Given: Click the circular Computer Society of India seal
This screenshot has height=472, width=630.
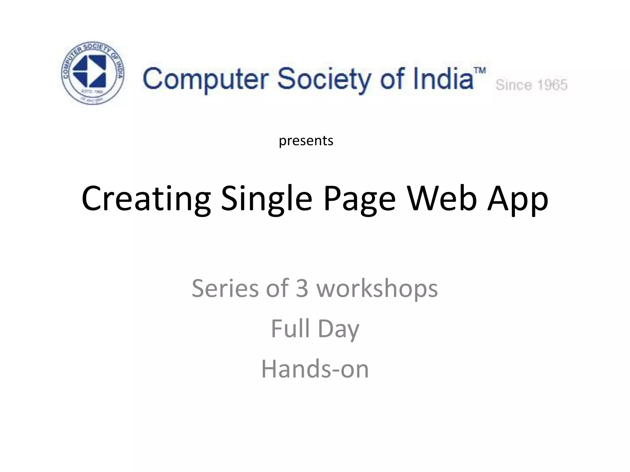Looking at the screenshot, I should pyautogui.click(x=93, y=73).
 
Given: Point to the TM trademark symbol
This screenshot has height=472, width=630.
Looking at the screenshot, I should pyautogui.click(x=480, y=70).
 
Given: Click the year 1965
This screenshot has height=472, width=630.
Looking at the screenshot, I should pyautogui.click(x=552, y=85).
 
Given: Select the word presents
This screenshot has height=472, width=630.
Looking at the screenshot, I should pyautogui.click(x=306, y=141).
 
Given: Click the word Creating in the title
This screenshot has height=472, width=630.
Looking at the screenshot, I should pyautogui.click(x=146, y=199).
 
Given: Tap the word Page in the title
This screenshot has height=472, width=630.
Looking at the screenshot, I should pyautogui.click(x=360, y=199).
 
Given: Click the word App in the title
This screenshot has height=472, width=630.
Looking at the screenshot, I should pyautogui.click(x=518, y=199).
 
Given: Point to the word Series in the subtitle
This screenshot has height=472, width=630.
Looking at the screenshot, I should pyautogui.click(x=225, y=289).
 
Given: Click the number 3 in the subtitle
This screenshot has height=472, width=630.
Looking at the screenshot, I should pyautogui.click(x=302, y=289).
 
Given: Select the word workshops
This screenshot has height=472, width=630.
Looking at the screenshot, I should pyautogui.click(x=377, y=289).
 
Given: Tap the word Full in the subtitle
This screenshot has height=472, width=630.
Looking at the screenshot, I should pyautogui.click(x=290, y=328).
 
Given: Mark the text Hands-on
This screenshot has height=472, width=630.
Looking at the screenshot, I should pyautogui.click(x=315, y=369).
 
